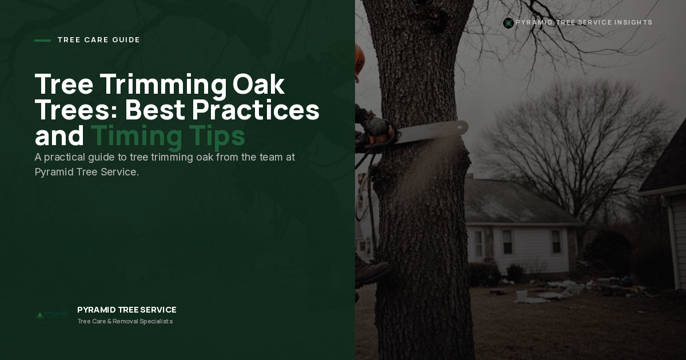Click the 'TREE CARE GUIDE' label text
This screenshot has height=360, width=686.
pyautogui.click(x=98, y=40)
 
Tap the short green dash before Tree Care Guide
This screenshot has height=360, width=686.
pyautogui.click(x=42, y=41)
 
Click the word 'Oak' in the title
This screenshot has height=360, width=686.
pyautogui.click(x=258, y=84)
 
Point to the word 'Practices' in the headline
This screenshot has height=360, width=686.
pyautogui.click(x=256, y=110)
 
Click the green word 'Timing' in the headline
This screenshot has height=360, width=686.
pyautogui.click(x=136, y=137)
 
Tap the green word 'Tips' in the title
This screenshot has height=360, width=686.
pyautogui.click(x=217, y=137)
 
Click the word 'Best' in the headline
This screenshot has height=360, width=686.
pyautogui.click(x=155, y=110)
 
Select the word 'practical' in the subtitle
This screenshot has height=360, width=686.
pyautogui.click(x=64, y=158)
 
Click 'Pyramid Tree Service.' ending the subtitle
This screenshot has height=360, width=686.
pyautogui.click(x=87, y=172)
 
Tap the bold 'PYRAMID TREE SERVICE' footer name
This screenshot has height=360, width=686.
pyautogui.click(x=127, y=310)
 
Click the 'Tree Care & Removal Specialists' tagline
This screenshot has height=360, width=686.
pyautogui.click(x=125, y=321)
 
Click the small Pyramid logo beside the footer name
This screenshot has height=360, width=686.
pyautogui.click(x=52, y=315)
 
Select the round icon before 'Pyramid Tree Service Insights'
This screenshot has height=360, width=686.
pyautogui.click(x=508, y=23)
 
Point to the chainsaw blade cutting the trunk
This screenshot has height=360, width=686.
pyautogui.click(x=432, y=131)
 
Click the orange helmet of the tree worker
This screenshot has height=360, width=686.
pyautogui.click(x=359, y=59)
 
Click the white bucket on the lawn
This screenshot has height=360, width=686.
pyautogui.click(x=521, y=295)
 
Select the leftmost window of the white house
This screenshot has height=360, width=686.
pyautogui.click(x=478, y=243)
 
